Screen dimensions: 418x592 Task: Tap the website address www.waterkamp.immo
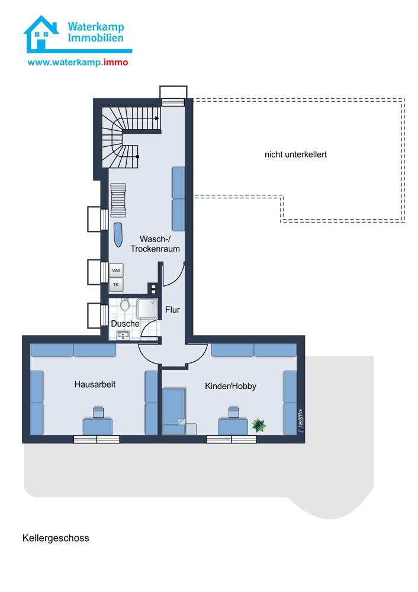[78, 62]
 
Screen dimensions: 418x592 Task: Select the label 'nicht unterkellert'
[295, 155]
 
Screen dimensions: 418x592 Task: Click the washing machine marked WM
[116, 271]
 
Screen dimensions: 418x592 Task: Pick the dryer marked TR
[116, 285]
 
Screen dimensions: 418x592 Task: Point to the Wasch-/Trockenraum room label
[155, 244]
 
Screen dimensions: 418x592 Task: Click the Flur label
[172, 310]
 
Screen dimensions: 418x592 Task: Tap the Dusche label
[125, 324]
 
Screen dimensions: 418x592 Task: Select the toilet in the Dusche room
[124, 305]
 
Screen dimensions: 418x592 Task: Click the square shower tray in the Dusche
[147, 309]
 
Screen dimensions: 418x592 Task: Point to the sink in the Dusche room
[123, 335]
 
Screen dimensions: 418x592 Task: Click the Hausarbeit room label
[95, 384]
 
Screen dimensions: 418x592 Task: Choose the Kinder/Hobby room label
[230, 386]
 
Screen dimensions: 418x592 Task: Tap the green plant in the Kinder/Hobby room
[259, 426]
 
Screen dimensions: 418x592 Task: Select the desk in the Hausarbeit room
[98, 426]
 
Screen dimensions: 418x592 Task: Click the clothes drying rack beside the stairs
[118, 200]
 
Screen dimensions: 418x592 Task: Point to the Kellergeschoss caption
[56, 538]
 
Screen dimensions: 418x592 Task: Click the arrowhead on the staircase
[157, 118]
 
